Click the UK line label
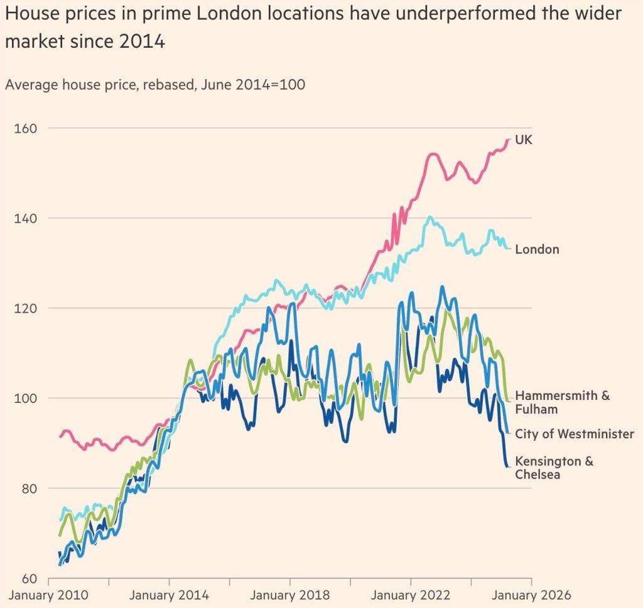point(523,140)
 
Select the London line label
point(537,250)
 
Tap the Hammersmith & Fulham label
point(562,402)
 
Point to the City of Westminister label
point(574,434)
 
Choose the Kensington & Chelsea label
point(554,468)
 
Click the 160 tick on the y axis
point(25,128)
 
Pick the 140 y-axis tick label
point(25,218)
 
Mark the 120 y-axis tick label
point(25,308)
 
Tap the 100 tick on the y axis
point(25,398)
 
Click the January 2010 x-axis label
point(48,595)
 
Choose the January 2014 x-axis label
point(170,595)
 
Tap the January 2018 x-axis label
point(290,595)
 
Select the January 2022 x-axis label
point(411,595)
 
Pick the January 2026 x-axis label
point(532,595)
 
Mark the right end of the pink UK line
point(509,140)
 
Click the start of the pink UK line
point(60,436)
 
